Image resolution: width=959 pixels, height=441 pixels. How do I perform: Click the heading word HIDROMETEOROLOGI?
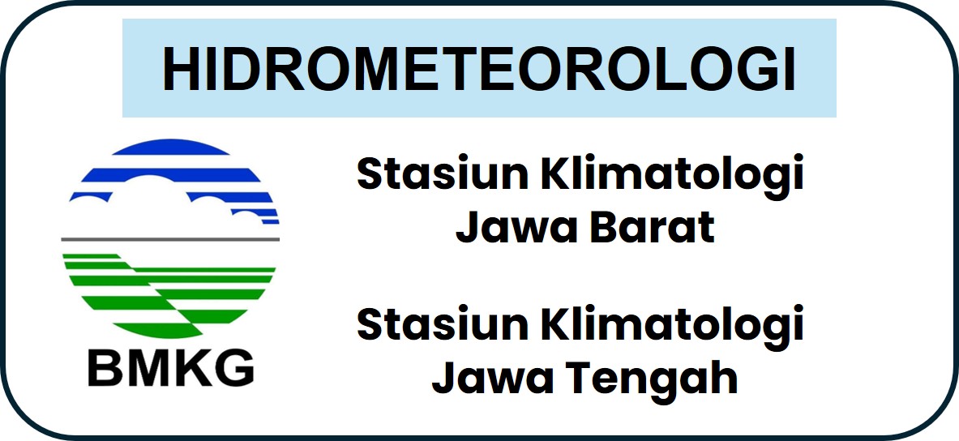coord(479,68)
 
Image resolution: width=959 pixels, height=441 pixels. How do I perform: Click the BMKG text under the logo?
coord(170,367)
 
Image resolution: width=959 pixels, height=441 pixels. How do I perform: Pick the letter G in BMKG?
coord(235,367)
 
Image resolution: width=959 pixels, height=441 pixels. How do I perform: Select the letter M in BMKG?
coord(147,367)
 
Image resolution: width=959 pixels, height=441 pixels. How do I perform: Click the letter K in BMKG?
coord(192,367)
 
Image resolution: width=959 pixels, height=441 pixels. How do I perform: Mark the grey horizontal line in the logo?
coord(170,239)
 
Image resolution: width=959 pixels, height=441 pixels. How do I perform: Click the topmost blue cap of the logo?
coord(170,148)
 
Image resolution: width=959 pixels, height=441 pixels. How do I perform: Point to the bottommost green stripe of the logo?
coord(158,330)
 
